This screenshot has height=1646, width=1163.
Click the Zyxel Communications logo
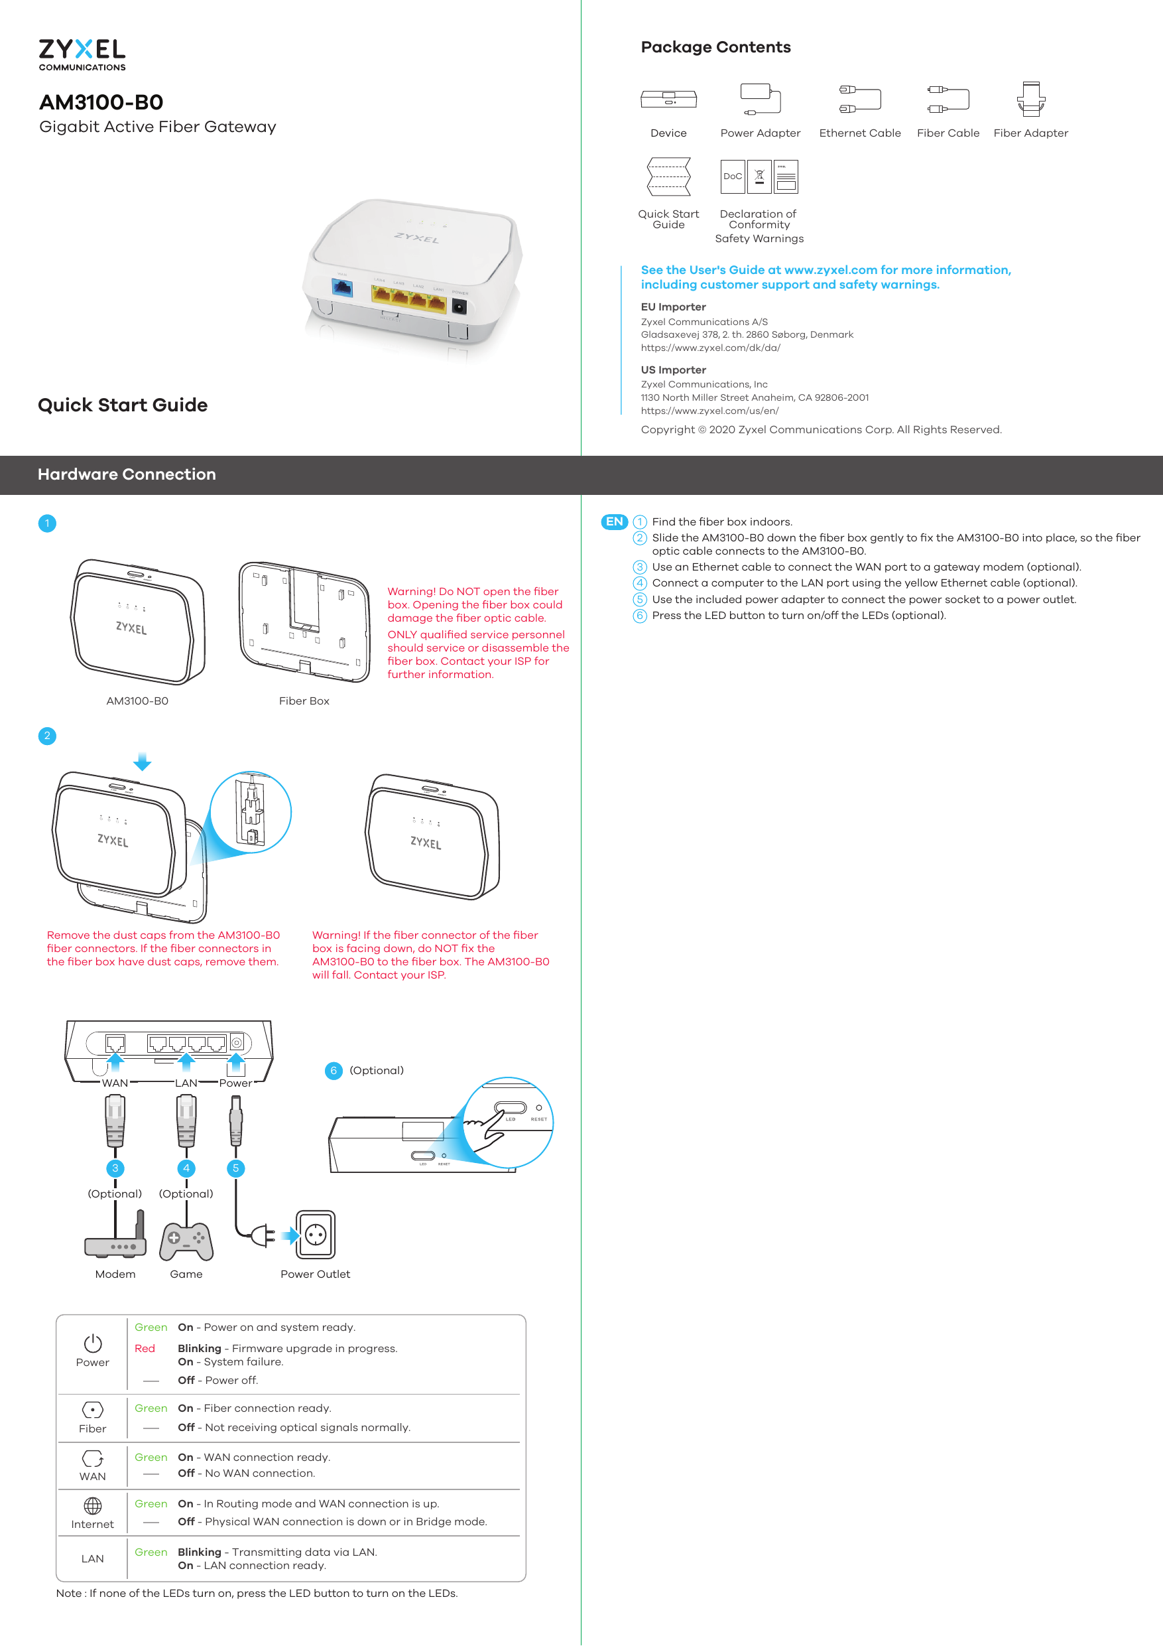coord(82,54)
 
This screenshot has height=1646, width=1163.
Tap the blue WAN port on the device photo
coord(343,288)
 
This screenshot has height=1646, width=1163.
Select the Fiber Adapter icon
coord(1030,99)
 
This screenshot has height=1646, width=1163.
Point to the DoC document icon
coord(732,176)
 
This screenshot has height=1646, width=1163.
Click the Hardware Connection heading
coord(127,474)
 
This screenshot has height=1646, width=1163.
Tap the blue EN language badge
coord(614,522)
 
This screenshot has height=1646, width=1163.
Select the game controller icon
coord(186,1241)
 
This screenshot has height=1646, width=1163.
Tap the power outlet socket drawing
coord(316,1235)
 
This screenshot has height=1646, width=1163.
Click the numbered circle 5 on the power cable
coord(236,1168)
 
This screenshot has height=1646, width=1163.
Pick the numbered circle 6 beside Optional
coord(334,1071)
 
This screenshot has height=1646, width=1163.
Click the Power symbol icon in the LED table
coord(92,1343)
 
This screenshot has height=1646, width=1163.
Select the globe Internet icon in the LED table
coord(92,1505)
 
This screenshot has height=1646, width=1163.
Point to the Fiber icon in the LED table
coord(92,1410)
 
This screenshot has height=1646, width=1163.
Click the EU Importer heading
coord(673,307)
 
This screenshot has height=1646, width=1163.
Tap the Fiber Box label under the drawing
coord(304,701)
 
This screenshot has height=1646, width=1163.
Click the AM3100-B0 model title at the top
coord(101,103)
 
